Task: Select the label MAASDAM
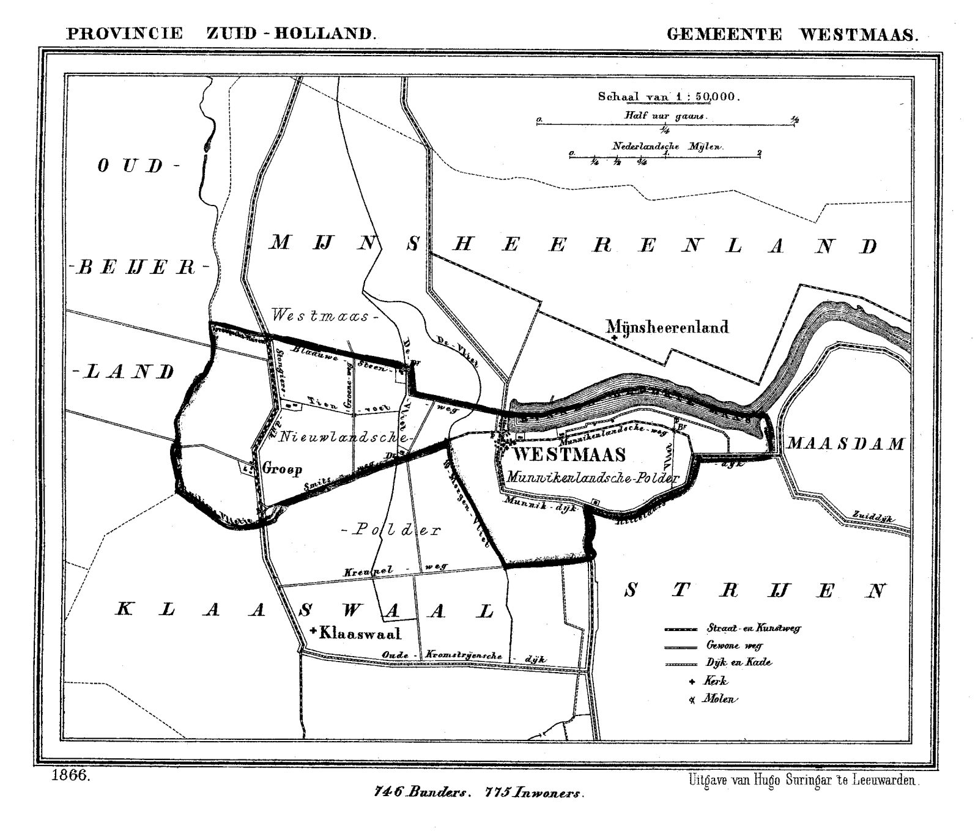pos(845,443)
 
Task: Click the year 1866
pos(72,776)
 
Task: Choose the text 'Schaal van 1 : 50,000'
pos(669,97)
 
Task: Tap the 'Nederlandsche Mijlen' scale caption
pos(667,147)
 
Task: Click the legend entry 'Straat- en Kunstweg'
pos(754,627)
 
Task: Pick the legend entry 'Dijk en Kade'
pos(738,662)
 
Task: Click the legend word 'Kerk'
pos(715,681)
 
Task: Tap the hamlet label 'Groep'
pos(282,469)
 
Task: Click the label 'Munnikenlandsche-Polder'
pos(592,478)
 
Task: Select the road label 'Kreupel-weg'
pos(395,570)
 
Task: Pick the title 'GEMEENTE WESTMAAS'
pos(792,34)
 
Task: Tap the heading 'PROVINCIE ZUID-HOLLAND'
pos(221,33)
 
